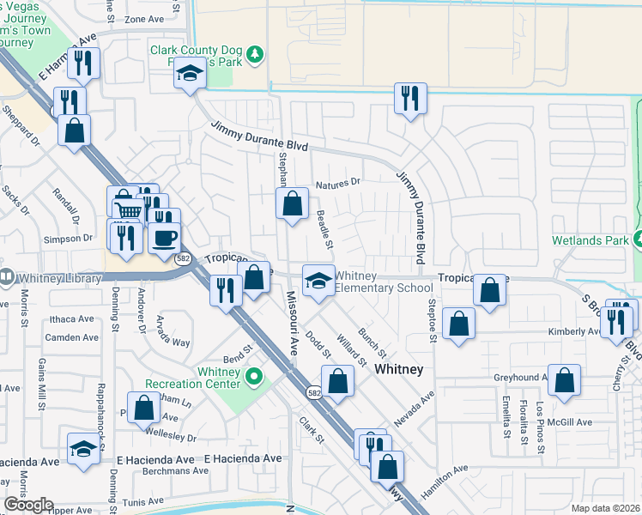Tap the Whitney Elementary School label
point(383,282)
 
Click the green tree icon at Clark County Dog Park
point(255,56)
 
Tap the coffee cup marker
point(164,238)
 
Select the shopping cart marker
point(126,209)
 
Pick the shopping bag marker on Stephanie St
point(292,204)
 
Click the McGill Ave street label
point(572,422)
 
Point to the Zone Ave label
point(142,18)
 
